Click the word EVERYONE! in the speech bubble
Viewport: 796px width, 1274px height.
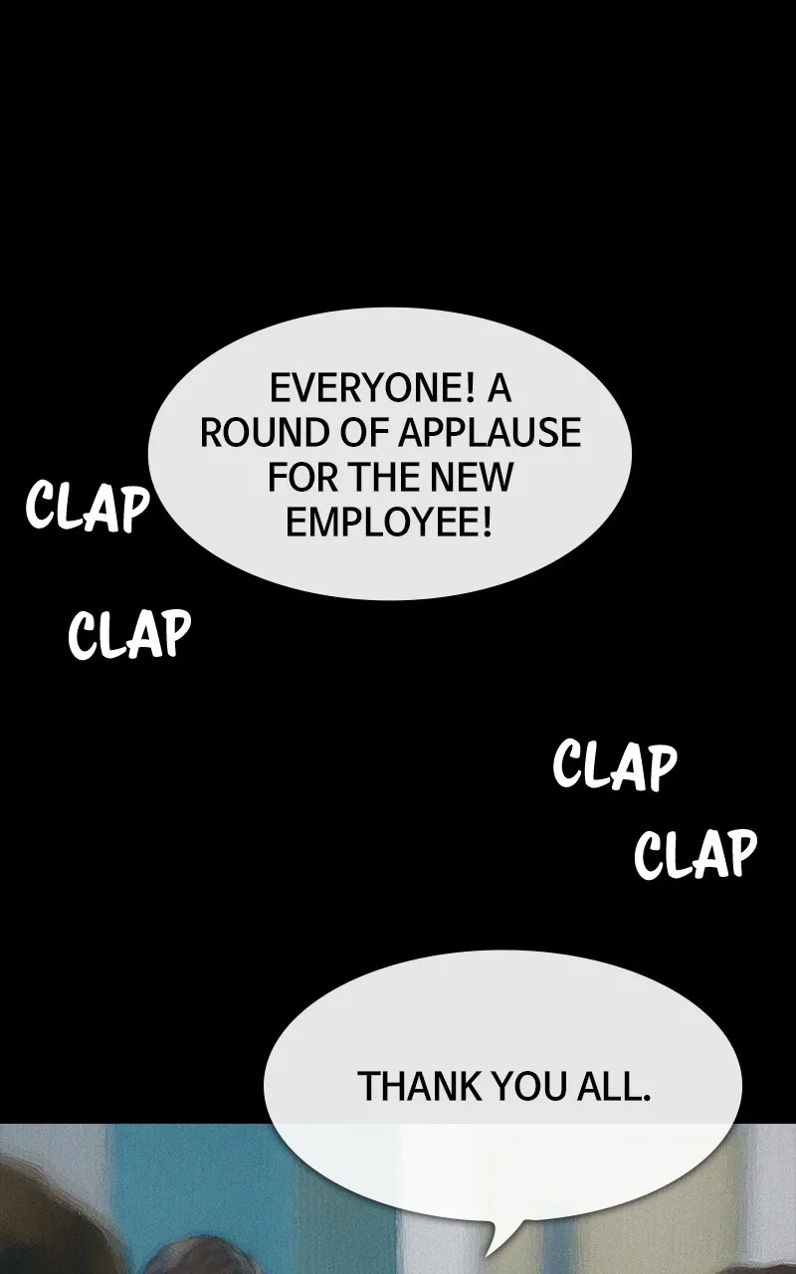[372, 389]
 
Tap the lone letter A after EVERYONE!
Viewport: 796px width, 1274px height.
[498, 389]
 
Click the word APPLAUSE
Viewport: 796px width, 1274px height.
[489, 433]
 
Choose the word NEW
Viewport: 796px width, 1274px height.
[471, 478]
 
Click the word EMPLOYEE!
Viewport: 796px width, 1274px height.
[388, 523]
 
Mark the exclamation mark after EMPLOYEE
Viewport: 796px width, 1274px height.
[487, 523]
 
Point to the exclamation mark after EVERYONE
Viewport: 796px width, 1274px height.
[469, 389]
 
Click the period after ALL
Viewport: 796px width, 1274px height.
[647, 1096]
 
